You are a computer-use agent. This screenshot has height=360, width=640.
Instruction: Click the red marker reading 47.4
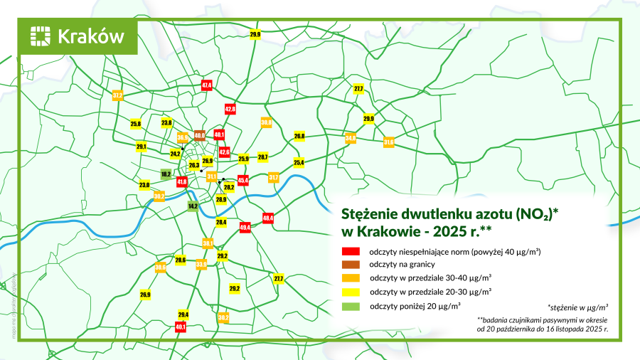click(207, 85)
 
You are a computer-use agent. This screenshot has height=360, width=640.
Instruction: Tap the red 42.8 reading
click(230, 110)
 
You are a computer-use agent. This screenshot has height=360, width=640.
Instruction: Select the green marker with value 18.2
click(166, 173)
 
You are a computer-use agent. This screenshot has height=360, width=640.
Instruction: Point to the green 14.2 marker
click(193, 206)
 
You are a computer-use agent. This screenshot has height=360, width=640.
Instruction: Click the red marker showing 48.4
click(268, 218)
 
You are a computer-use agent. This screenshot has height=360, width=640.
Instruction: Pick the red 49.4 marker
click(245, 227)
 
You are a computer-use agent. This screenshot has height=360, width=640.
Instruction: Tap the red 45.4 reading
click(243, 181)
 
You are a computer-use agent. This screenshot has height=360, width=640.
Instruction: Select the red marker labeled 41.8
click(182, 182)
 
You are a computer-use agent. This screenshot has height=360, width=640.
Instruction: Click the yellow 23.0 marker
click(144, 185)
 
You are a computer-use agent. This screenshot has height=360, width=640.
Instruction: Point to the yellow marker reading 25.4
click(299, 162)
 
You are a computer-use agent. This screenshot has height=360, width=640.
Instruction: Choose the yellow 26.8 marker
click(299, 136)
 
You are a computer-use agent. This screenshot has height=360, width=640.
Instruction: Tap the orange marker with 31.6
click(389, 142)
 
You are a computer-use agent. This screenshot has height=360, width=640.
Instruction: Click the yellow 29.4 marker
click(183, 314)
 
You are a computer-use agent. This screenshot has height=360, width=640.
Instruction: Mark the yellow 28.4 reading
click(221, 223)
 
